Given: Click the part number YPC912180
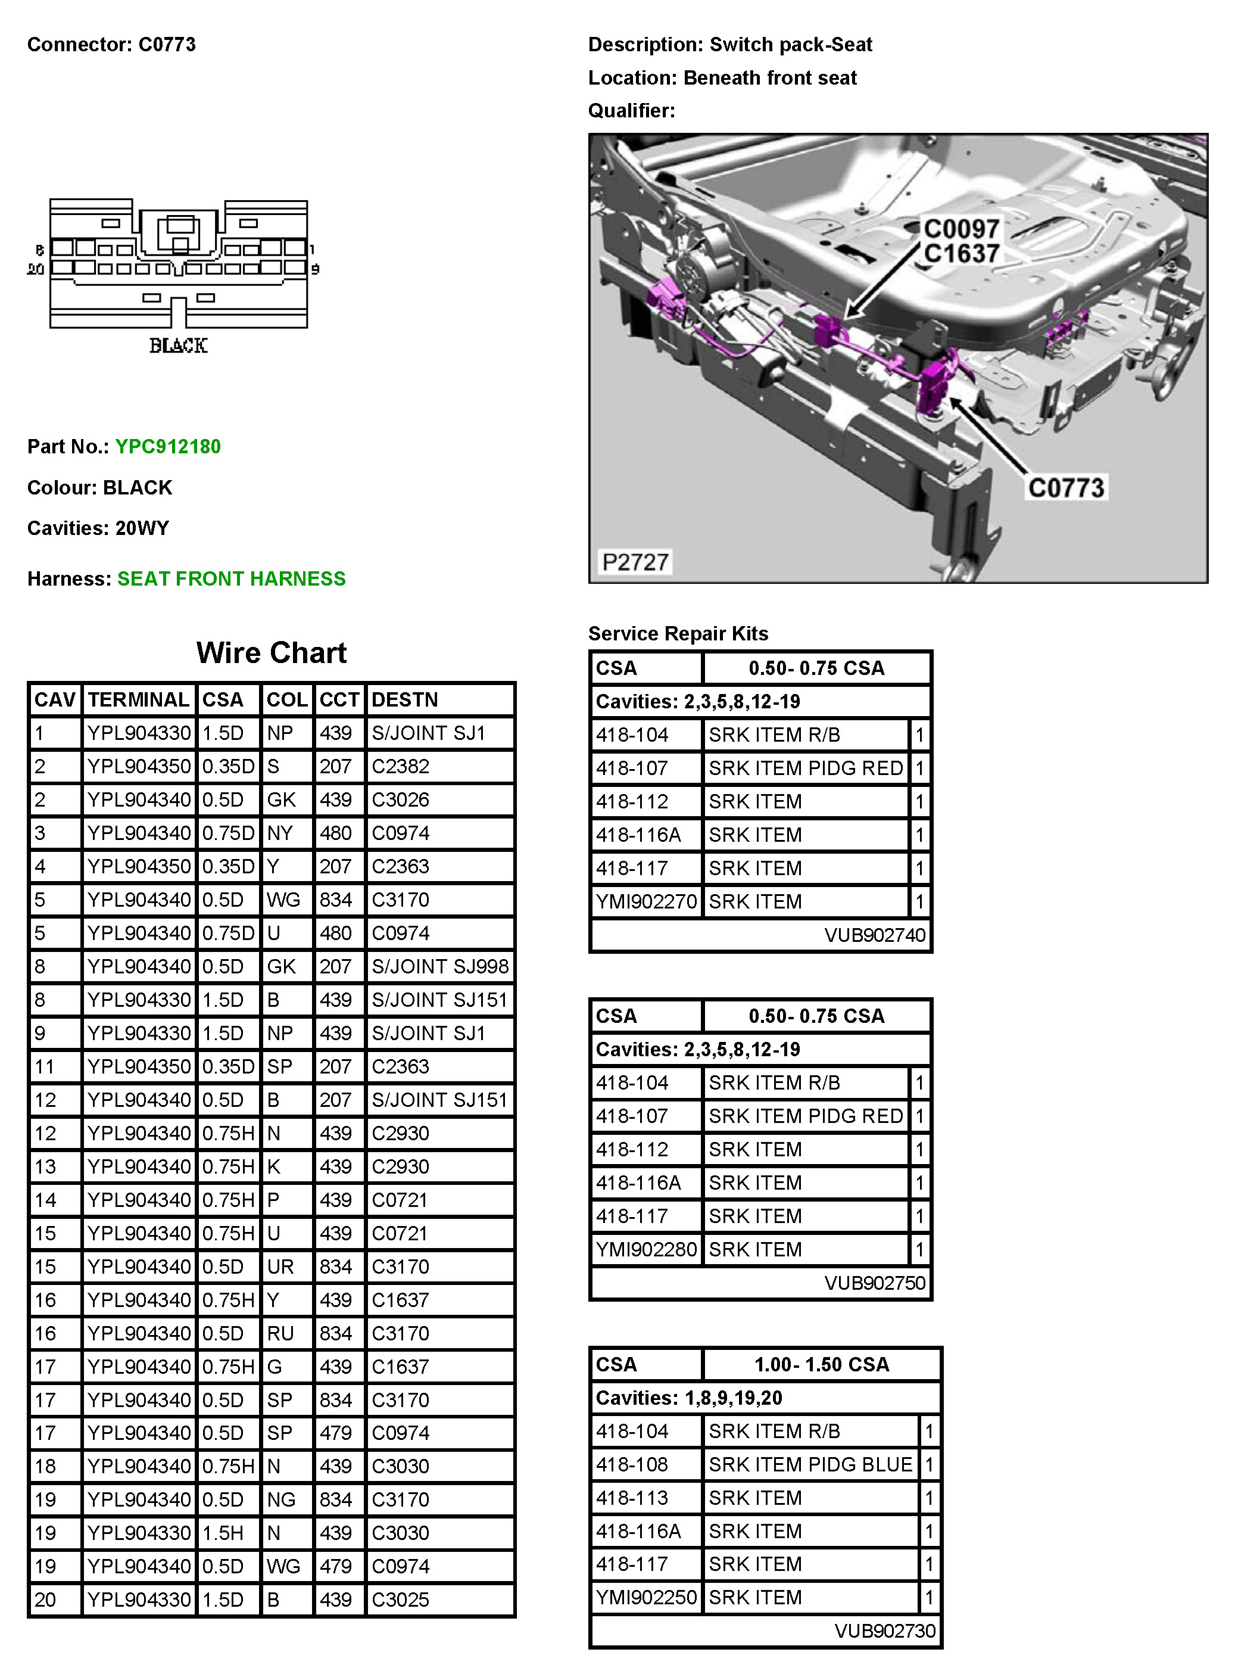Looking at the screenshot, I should [x=168, y=447].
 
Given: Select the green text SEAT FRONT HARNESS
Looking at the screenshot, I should [x=231, y=579].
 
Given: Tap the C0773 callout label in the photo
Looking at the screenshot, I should [x=1066, y=488].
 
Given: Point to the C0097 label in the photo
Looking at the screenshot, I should [x=962, y=228].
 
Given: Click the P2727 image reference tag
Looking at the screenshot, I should [x=635, y=561].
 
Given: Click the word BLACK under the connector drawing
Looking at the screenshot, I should [x=178, y=346].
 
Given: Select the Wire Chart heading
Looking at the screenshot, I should [x=272, y=653].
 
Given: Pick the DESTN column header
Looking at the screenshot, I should [x=404, y=700].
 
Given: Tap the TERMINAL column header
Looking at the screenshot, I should [x=139, y=700].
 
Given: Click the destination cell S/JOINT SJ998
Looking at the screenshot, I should [x=439, y=966].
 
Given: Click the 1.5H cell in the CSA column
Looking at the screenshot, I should [x=223, y=1533].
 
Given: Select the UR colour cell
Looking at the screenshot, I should [x=280, y=1267].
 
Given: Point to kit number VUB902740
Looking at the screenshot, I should [x=875, y=935].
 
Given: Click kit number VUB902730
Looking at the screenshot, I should [x=884, y=1631].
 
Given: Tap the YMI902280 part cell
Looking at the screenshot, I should [x=646, y=1249].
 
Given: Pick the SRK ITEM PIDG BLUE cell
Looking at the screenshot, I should [x=810, y=1464].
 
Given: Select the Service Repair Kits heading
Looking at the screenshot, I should [x=678, y=633].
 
